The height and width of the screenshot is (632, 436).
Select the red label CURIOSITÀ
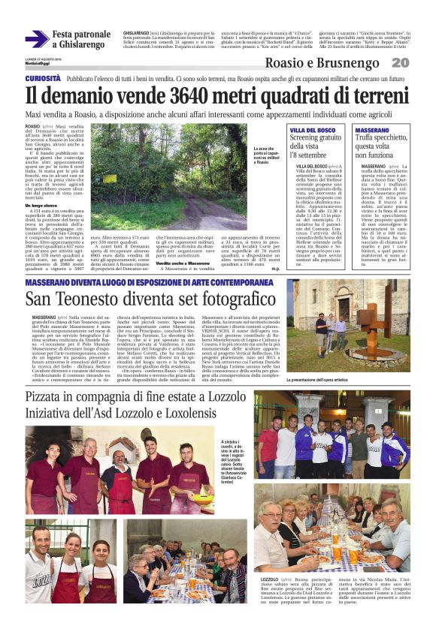click(x=43, y=78)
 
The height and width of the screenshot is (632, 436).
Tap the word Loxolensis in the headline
click(x=225, y=412)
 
